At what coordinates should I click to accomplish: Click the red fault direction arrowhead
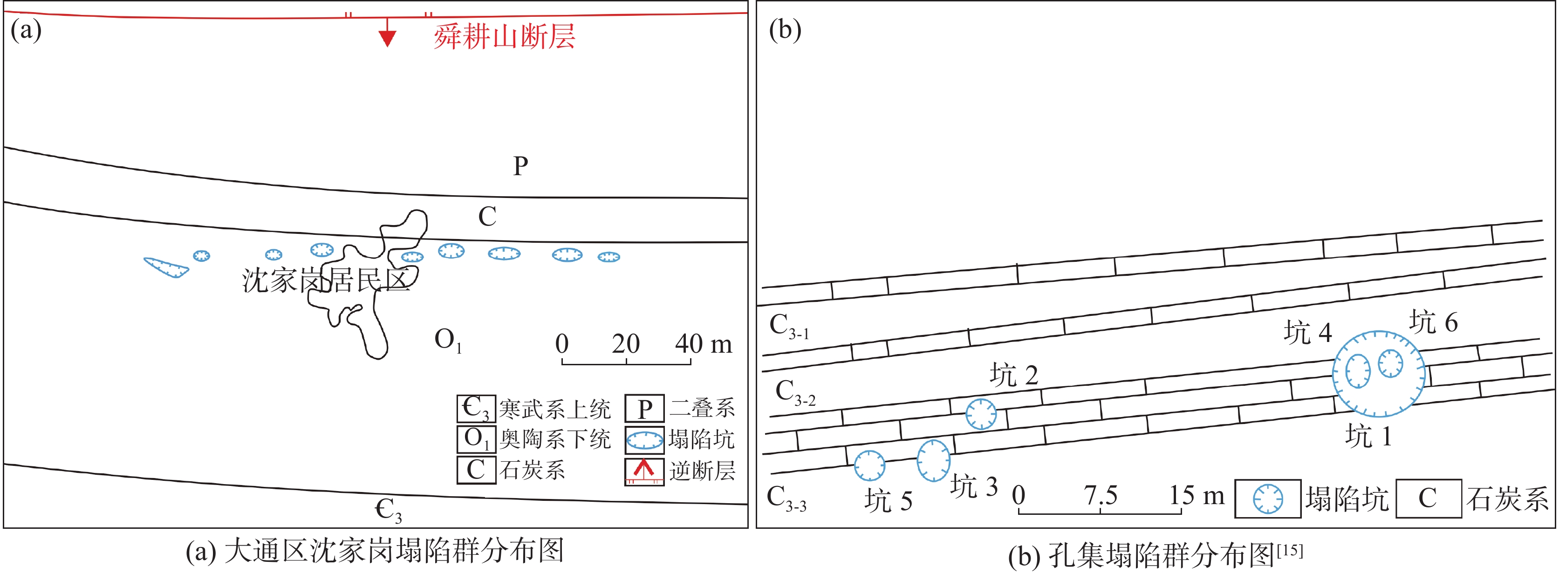click(387, 39)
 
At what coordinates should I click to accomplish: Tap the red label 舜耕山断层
click(504, 37)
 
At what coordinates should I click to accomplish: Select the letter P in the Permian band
click(520, 165)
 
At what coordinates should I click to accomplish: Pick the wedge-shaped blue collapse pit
click(166, 267)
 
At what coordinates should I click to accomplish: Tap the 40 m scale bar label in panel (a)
click(703, 344)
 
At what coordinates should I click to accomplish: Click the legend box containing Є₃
click(476, 409)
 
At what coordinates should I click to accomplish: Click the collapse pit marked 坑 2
click(980, 414)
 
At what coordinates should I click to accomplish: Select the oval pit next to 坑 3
click(933, 461)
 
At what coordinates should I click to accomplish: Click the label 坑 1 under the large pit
click(1368, 436)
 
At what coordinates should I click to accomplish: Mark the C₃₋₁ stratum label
click(788, 327)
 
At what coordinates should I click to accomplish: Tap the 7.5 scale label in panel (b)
click(1100, 496)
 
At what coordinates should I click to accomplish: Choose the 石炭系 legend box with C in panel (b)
click(1428, 499)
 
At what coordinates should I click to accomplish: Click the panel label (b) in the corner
click(785, 29)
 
